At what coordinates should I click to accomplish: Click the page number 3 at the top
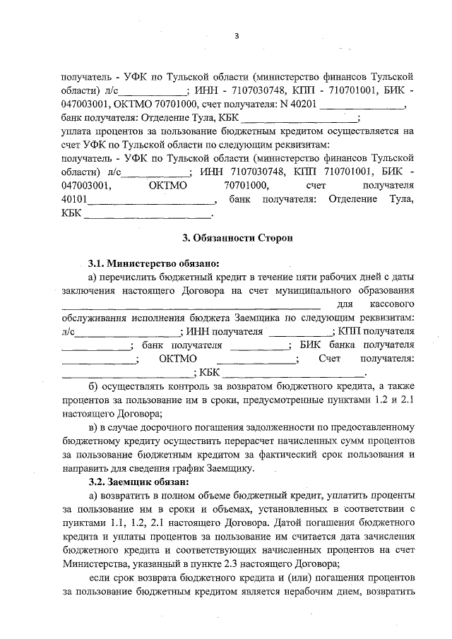pyautogui.click(x=237, y=36)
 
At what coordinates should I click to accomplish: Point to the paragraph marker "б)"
pyautogui.click(x=93, y=387)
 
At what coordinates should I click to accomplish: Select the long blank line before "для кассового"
pyautogui.click(x=181, y=306)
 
